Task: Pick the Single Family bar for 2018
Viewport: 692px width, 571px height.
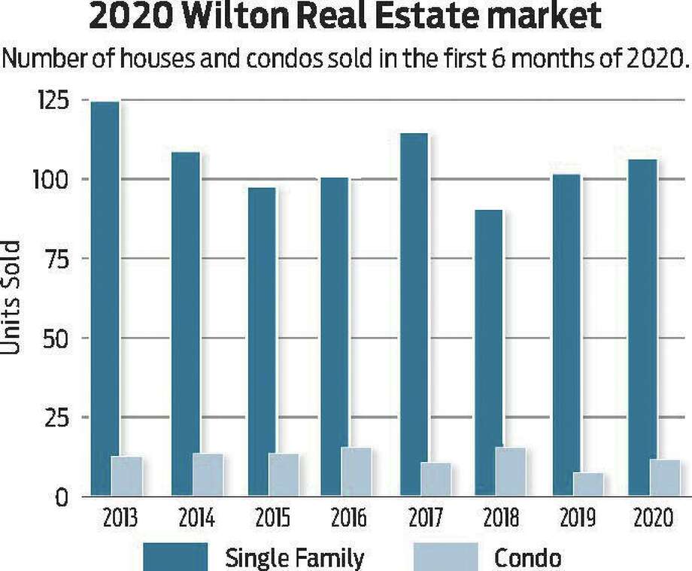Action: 489,353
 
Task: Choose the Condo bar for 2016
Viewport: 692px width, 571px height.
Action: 357,472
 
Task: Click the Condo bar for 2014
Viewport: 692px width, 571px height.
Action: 208,475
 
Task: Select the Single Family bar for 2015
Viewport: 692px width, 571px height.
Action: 262,342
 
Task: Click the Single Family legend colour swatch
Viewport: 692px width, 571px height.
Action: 176,557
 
